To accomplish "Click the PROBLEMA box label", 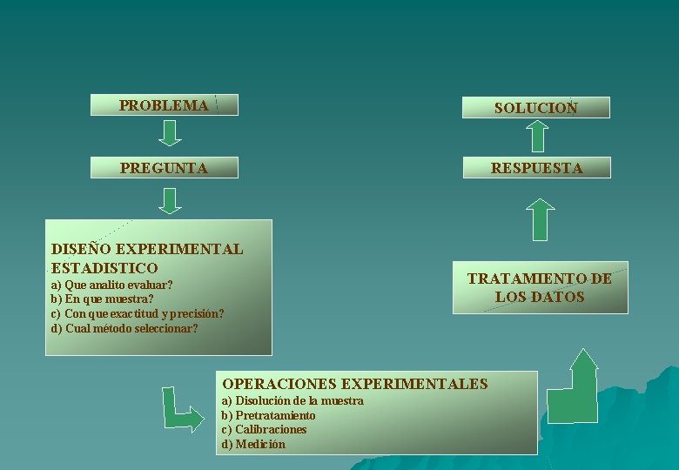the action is (x=164, y=105).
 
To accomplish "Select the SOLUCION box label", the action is (x=535, y=108).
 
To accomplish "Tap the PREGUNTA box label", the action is (x=164, y=167).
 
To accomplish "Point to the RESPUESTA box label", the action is (x=536, y=168).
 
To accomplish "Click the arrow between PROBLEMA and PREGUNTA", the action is (x=171, y=132).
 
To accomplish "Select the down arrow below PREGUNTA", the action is (x=171, y=200).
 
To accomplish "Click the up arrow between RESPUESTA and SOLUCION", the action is (x=539, y=136).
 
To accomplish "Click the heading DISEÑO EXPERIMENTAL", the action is (x=147, y=249).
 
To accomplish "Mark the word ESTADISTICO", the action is (x=104, y=268).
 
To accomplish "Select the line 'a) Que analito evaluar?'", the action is (x=111, y=285).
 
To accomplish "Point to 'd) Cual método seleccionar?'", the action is (x=124, y=328).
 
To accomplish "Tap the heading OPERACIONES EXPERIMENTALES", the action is (x=355, y=383).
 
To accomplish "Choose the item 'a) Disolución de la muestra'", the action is (x=292, y=400).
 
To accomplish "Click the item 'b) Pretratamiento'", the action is (x=268, y=415).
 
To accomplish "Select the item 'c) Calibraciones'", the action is (x=264, y=429).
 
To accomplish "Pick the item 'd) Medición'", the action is (x=253, y=444).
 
